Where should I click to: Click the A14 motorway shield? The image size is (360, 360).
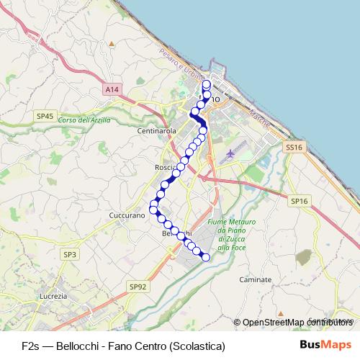pyautogui.click(x=110, y=89)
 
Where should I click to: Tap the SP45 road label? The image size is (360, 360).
pyautogui.click(x=45, y=116)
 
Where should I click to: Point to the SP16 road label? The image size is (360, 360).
pyautogui.click(x=299, y=203)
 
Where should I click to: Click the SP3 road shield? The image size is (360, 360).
pyautogui.click(x=69, y=255)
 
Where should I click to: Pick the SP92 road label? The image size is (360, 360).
pyautogui.click(x=138, y=287)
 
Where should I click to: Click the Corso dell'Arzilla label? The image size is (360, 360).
pyautogui.click(x=85, y=120)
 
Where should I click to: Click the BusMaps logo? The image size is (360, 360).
pyautogui.click(x=326, y=345)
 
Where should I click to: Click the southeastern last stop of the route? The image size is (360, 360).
pyautogui.click(x=205, y=257)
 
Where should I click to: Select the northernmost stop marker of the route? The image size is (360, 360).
pyautogui.click(x=207, y=84)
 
